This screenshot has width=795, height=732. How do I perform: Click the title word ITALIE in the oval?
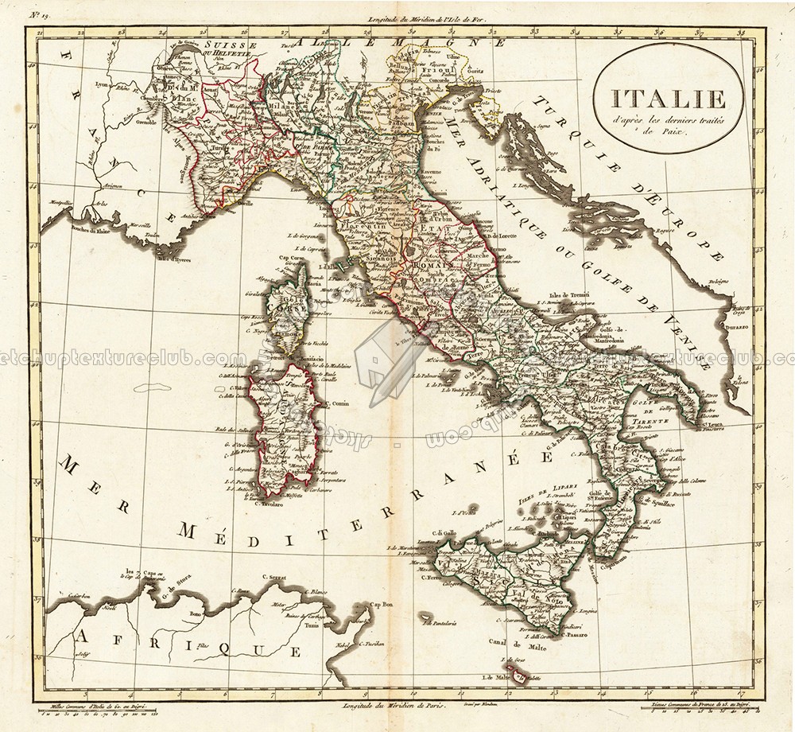pyautogui.click(x=646, y=99)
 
